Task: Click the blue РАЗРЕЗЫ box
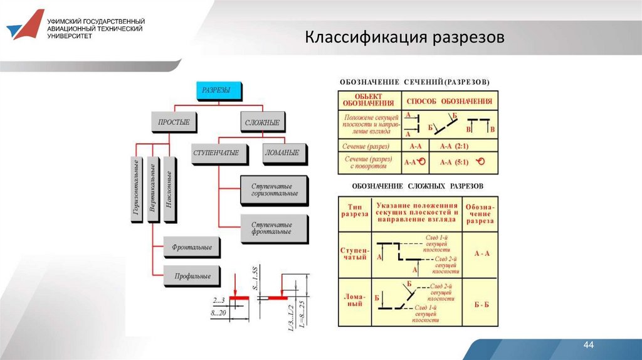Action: [x=216, y=90]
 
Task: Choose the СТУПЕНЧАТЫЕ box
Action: [x=216, y=153]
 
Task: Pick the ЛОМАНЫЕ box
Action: [x=282, y=153]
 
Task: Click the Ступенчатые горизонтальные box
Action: [x=275, y=190]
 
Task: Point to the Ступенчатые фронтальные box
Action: [x=275, y=228]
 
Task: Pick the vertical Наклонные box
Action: [x=169, y=189]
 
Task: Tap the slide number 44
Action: [x=588, y=346]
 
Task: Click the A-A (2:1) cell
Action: [x=454, y=146]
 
